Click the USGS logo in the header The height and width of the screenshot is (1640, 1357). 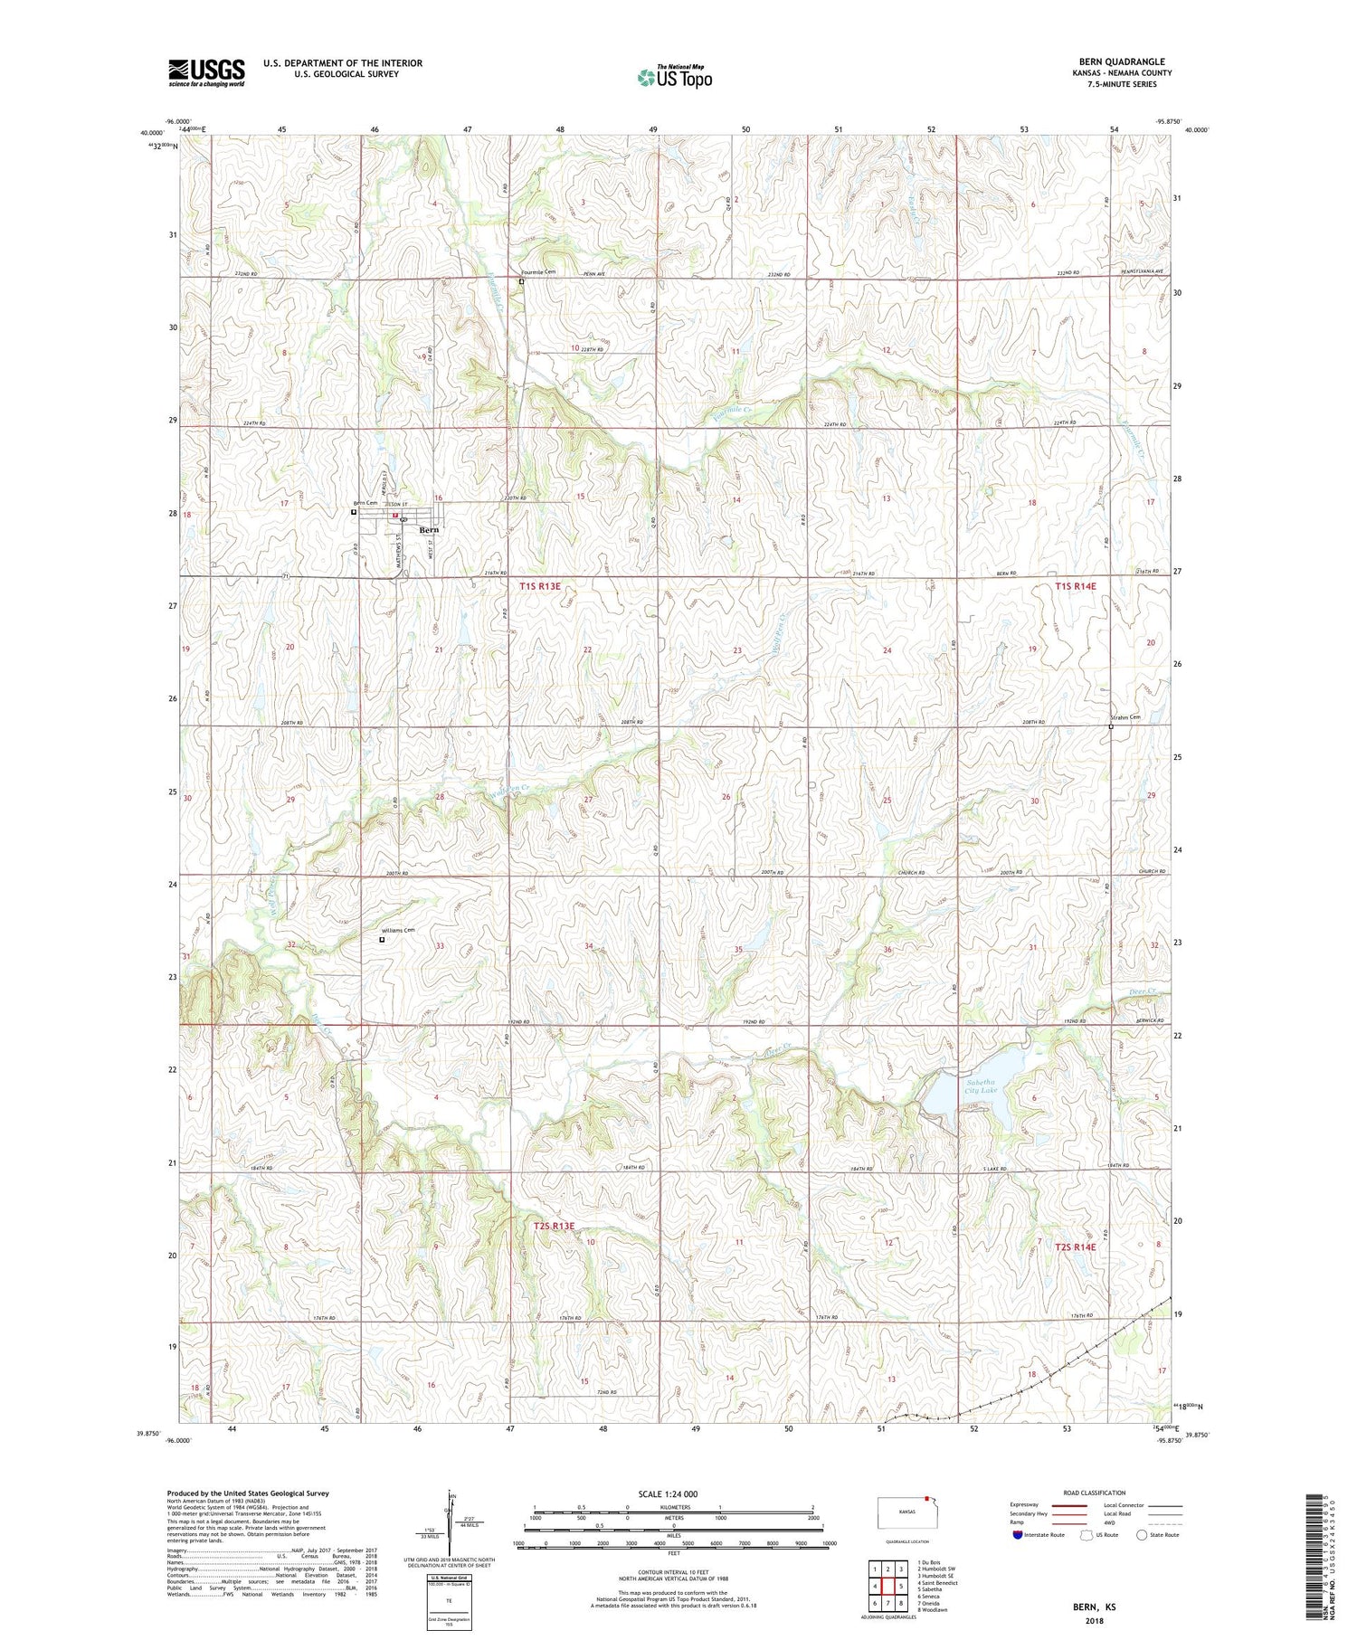[x=206, y=72]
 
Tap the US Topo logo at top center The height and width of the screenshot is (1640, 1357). [x=674, y=78]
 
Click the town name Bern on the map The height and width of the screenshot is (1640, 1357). [x=430, y=529]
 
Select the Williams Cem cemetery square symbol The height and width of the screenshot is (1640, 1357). [x=382, y=940]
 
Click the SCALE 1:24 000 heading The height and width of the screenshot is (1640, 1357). [x=673, y=1494]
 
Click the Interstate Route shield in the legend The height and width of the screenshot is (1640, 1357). [x=1018, y=1535]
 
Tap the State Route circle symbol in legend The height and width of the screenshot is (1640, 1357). [x=1143, y=1535]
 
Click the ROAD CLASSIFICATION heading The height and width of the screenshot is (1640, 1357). [x=1095, y=1493]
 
